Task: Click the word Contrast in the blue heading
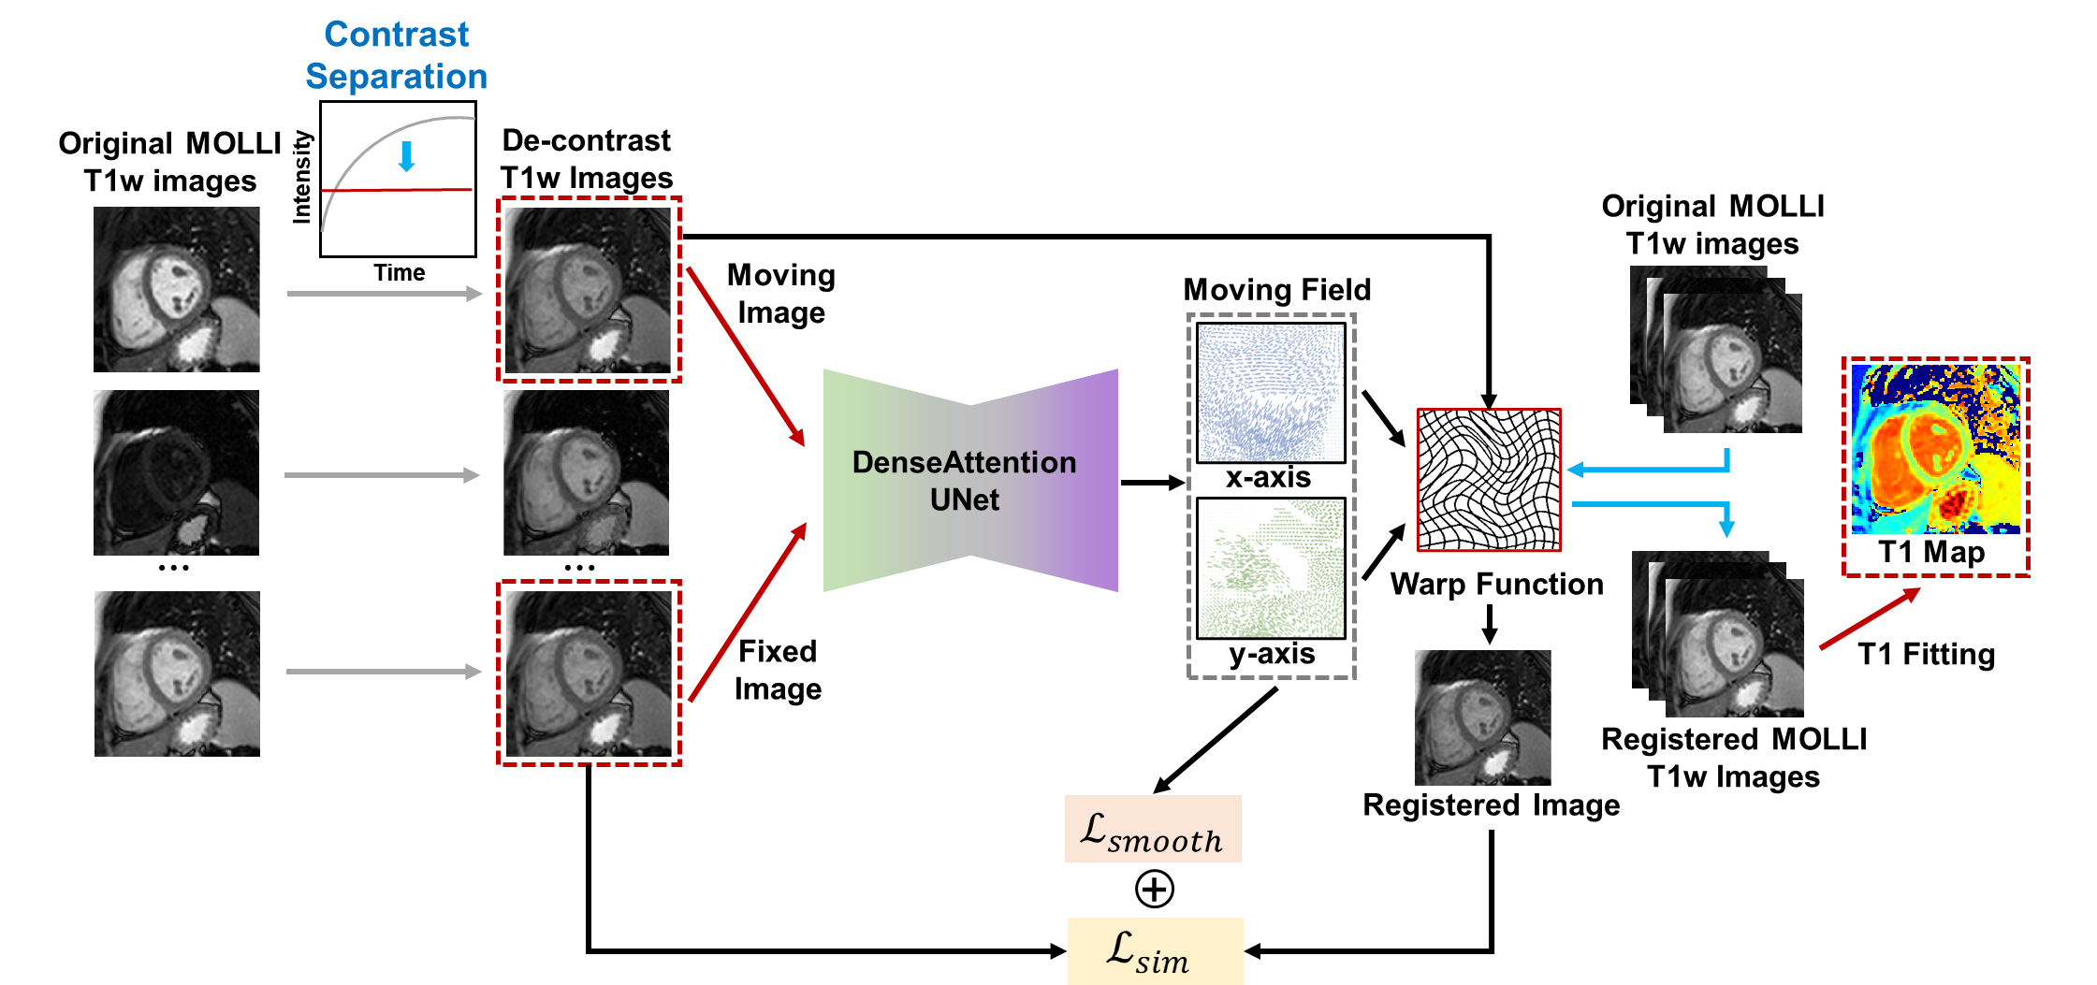pos(396,35)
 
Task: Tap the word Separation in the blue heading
pos(396,77)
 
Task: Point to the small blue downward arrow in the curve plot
pos(406,156)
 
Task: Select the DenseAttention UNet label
pos(964,481)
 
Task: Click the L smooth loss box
pos(1153,829)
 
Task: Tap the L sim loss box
pos(1155,950)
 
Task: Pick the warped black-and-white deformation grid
pos(1489,480)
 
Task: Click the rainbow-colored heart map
pos(1935,449)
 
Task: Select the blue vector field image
pos(1271,393)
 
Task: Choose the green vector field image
pos(1271,568)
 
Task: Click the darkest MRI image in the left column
pos(176,472)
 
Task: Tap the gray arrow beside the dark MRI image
pos(382,475)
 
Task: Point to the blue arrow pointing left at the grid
pos(1647,469)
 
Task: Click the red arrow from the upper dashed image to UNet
pos(745,356)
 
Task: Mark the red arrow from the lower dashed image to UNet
pos(747,613)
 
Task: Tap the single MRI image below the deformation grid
pos(1482,717)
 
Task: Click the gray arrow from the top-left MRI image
pos(385,294)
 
